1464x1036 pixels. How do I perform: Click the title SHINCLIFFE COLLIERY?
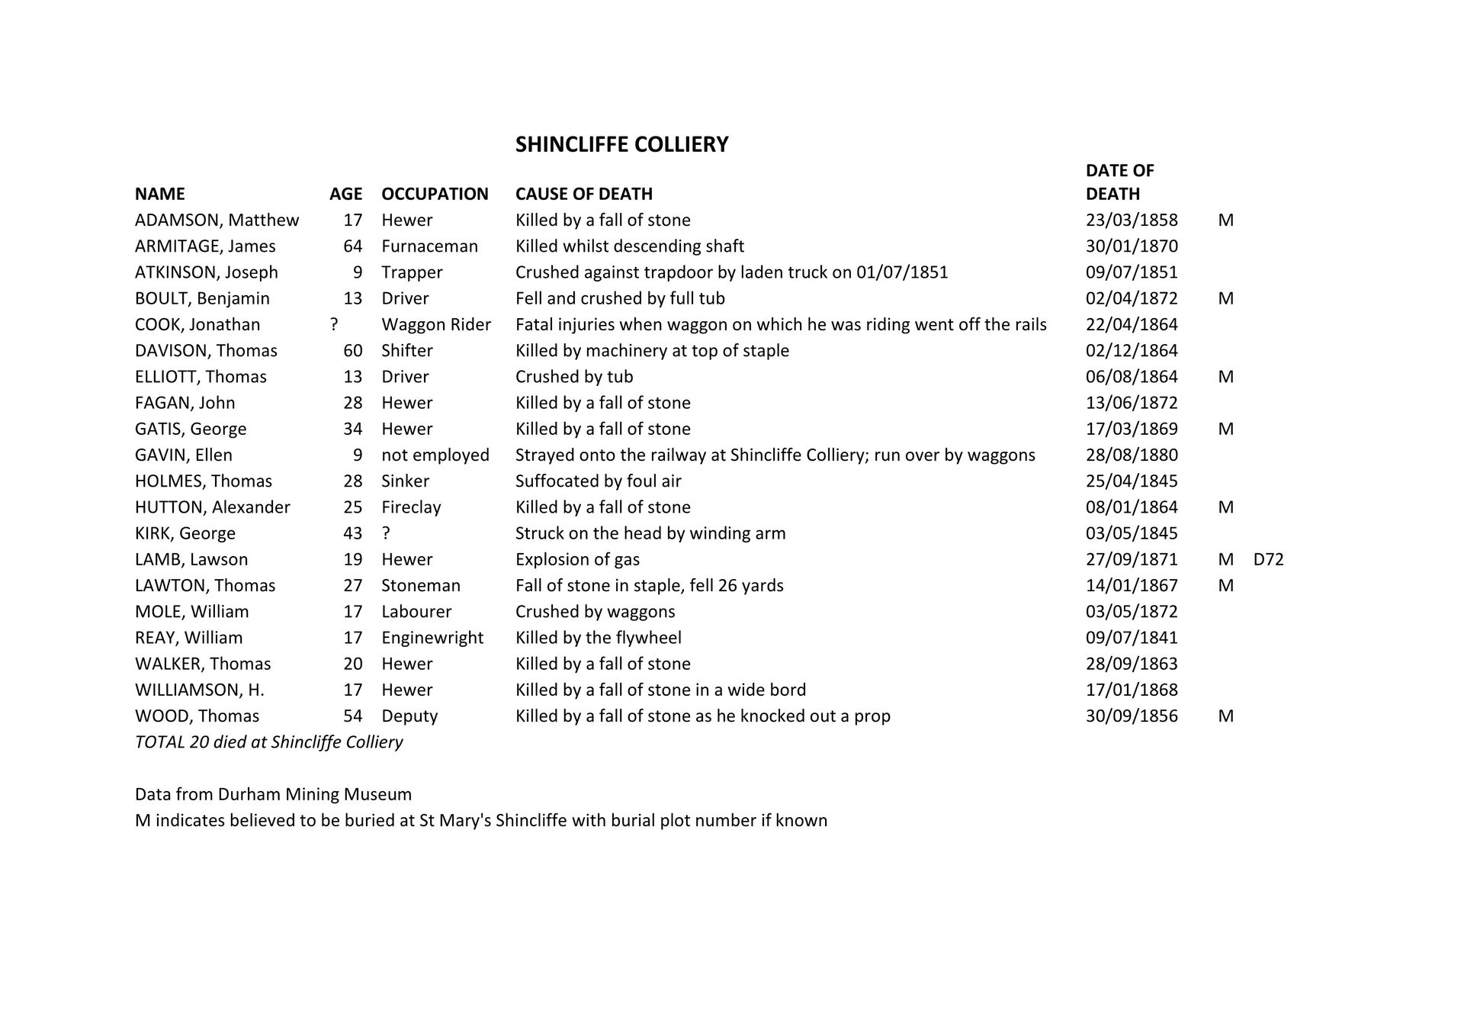click(621, 144)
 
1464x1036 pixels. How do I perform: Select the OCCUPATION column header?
click(435, 194)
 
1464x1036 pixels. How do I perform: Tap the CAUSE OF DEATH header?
click(583, 194)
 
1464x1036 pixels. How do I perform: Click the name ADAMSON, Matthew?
click(217, 220)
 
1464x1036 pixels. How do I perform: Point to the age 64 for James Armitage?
click(352, 246)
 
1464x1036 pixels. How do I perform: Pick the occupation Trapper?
click(412, 272)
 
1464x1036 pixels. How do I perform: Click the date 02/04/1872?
click(1132, 298)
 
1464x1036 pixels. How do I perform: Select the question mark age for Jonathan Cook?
click(334, 324)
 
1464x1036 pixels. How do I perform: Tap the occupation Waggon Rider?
click(436, 324)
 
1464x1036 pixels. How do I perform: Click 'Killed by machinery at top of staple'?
click(652, 350)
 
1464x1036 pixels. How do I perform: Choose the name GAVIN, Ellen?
click(184, 455)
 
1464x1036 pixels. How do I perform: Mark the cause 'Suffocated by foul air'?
click(598, 481)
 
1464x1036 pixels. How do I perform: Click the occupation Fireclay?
click(411, 507)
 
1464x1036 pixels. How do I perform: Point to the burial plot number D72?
click(1268, 559)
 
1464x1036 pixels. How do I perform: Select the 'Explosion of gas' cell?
click(577, 559)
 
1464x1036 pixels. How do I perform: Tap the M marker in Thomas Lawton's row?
click(1225, 585)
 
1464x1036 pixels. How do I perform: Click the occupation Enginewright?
click(432, 638)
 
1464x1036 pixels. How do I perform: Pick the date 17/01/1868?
click(1132, 690)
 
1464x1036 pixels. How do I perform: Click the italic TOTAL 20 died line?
click(268, 742)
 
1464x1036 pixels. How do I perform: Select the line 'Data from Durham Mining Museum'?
click(273, 794)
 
